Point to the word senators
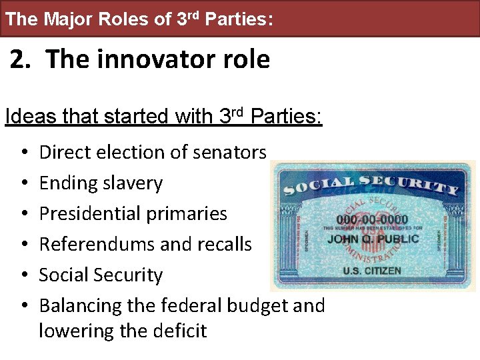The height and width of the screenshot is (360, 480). (x=229, y=153)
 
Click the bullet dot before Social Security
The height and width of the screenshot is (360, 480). (x=24, y=275)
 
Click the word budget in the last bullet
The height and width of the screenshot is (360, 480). (x=258, y=306)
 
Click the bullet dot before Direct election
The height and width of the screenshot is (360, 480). (x=24, y=153)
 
